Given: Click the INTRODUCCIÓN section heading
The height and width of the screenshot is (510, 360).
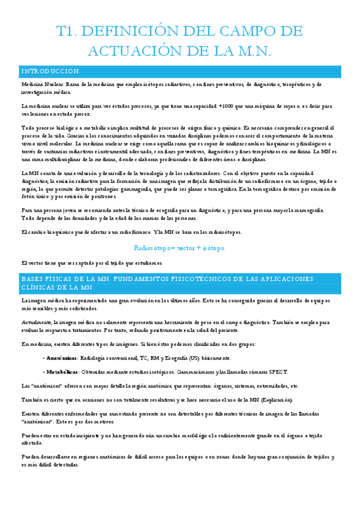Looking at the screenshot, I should tap(50, 72).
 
